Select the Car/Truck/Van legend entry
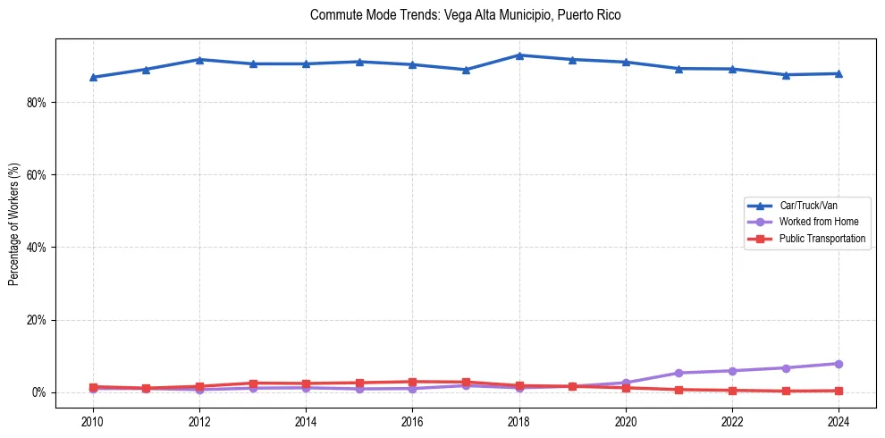coord(808,206)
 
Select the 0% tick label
coord(38,392)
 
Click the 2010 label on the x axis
coord(92,420)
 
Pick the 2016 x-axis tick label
coord(412,420)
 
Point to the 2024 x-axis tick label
coord(839,420)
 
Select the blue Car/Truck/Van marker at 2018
coord(519,55)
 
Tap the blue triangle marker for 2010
coord(92,78)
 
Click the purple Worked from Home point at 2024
coord(839,364)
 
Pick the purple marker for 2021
coord(678,373)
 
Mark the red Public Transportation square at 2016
coord(412,382)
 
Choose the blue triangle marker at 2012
coord(199,60)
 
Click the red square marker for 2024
coord(839,391)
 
